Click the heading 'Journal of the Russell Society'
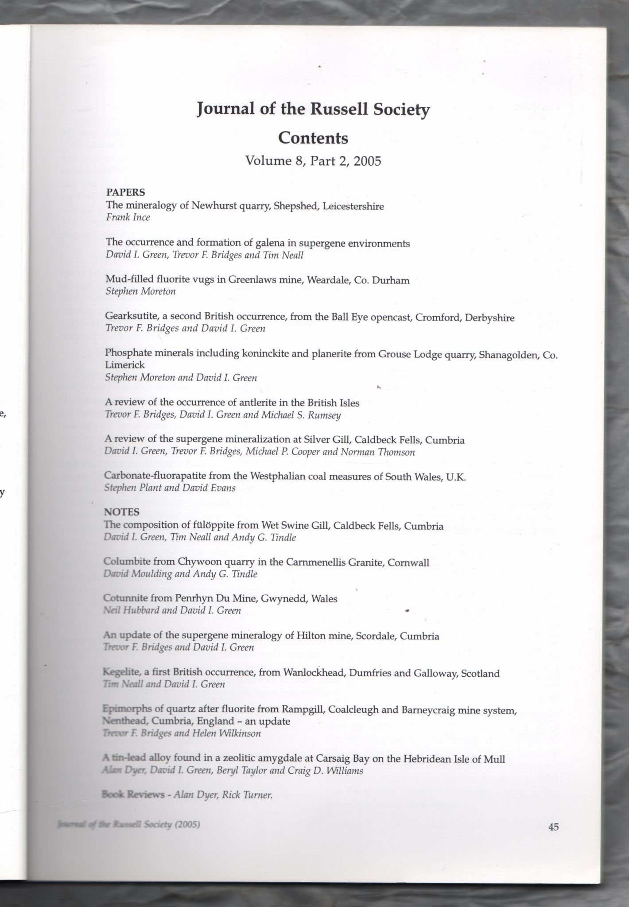tap(313, 109)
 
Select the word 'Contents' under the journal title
tap(313, 138)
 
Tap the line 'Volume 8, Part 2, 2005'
tap(313, 161)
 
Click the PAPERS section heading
tap(125, 192)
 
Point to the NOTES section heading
tap(121, 512)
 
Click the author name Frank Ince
tap(128, 217)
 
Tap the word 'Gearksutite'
tap(129, 318)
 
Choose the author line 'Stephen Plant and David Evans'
tap(169, 488)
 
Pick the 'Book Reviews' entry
tap(133, 795)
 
